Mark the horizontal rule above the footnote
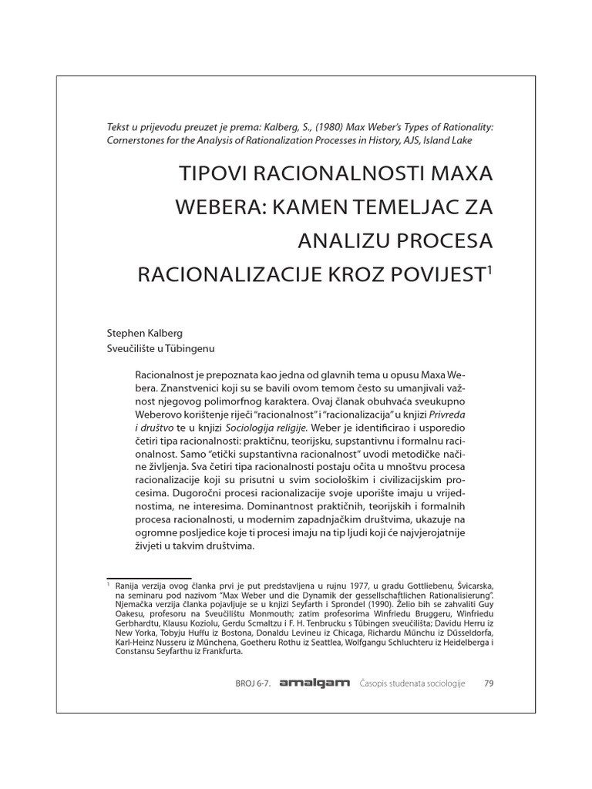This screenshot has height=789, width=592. pos(148,578)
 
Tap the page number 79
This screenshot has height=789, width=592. pos(488,683)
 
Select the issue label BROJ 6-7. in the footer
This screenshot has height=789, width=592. pos(251,683)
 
